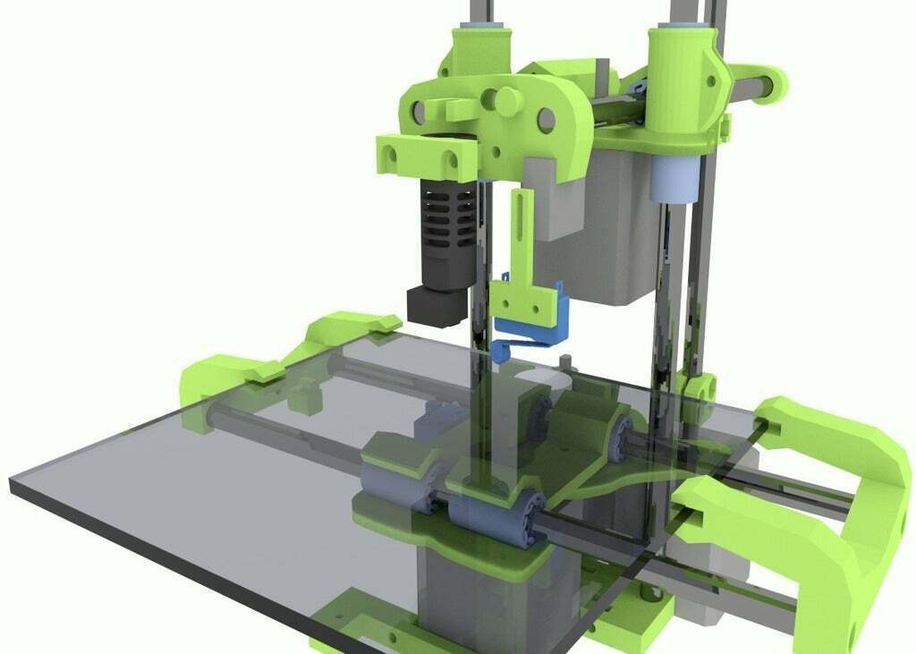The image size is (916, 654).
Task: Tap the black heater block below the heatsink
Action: pyautogui.click(x=436, y=304)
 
